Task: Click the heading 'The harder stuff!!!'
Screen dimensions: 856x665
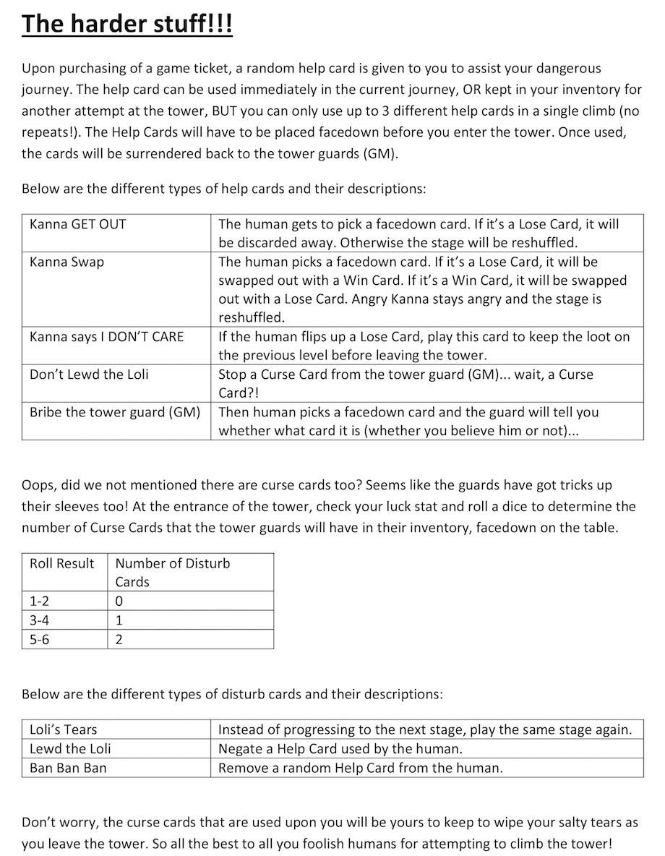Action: click(127, 25)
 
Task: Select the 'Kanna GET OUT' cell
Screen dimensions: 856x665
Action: click(78, 224)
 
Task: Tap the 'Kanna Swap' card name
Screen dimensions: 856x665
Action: click(66, 262)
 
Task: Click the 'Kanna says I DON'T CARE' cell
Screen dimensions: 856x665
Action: click(107, 336)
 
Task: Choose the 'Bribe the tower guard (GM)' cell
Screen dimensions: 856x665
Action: click(115, 412)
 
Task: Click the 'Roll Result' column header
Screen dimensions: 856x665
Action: click(62, 563)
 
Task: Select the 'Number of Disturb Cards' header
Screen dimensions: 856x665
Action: click(172, 572)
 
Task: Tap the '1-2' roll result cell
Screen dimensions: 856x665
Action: click(40, 602)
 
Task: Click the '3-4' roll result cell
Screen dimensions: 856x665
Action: click(40, 620)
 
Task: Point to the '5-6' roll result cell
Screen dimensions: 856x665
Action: click(40, 639)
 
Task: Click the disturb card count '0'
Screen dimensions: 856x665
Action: click(119, 602)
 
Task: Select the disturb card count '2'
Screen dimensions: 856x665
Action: click(119, 639)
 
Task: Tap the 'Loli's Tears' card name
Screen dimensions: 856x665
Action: click(64, 729)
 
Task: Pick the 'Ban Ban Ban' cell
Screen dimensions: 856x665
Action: click(68, 768)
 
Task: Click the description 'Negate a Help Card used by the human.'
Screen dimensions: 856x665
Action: click(340, 748)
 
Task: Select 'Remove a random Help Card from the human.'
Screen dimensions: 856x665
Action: click(360, 768)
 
